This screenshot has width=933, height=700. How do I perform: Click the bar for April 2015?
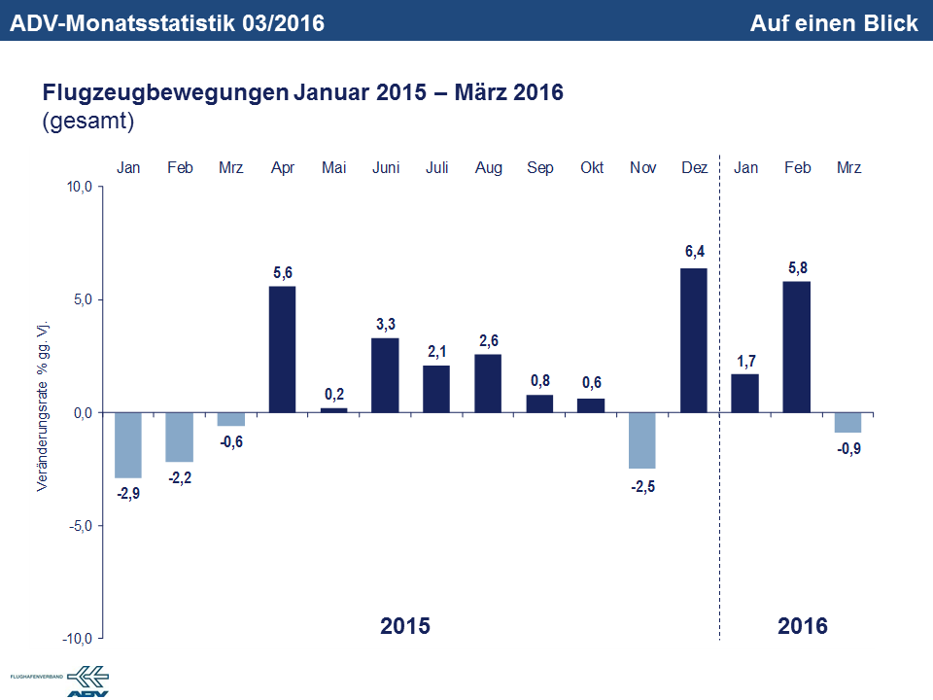tap(283, 349)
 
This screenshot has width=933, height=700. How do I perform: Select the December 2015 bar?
tap(694, 340)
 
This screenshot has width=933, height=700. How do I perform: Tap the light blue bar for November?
tap(642, 440)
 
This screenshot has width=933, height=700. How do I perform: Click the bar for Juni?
tap(385, 375)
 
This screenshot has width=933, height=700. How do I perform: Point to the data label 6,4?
tap(694, 252)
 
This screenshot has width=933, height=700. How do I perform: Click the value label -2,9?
tap(128, 494)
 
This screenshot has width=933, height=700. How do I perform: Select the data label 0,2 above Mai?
tap(334, 393)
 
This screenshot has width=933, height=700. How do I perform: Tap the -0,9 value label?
tap(848, 449)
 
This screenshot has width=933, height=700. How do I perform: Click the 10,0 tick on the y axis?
tap(78, 187)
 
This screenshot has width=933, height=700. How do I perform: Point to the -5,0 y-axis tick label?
tap(78, 526)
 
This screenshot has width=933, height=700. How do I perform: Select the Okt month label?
tap(591, 168)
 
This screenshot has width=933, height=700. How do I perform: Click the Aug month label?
tap(488, 168)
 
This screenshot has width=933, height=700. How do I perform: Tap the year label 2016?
tap(803, 625)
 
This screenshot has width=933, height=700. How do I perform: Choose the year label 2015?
tap(404, 625)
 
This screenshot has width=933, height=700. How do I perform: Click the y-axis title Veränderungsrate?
tap(43, 402)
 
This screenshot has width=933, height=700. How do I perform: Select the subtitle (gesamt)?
tap(87, 122)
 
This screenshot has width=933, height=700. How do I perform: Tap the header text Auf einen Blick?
tap(833, 22)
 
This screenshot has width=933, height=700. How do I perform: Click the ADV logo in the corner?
tap(87, 681)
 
